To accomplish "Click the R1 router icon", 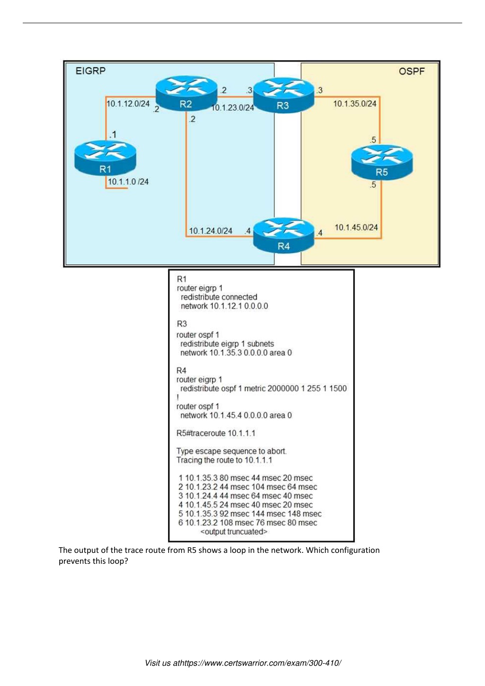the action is tap(105, 158).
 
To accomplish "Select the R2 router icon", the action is tap(187, 93).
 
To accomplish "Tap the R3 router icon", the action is tap(284, 95).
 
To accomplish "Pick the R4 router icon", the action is tap(284, 235).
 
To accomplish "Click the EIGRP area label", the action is tap(90, 71).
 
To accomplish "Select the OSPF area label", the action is tap(412, 72).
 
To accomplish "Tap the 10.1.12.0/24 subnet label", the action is tap(128, 103).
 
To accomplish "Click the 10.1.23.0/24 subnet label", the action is tap(233, 108).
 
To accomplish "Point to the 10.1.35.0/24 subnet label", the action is tap(355, 103).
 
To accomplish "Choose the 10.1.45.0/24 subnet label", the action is tap(356, 227).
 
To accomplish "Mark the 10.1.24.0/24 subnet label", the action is tap(211, 231).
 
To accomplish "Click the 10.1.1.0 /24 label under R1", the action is tap(128, 181).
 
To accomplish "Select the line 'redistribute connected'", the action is tap(219, 297).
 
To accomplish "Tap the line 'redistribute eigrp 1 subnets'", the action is tap(227, 343).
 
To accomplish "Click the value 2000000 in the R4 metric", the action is tap(283, 388).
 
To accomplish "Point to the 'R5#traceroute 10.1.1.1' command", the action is tap(216, 433).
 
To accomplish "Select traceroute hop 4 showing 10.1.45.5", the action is tap(245, 505).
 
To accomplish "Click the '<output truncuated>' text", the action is tap(234, 532).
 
